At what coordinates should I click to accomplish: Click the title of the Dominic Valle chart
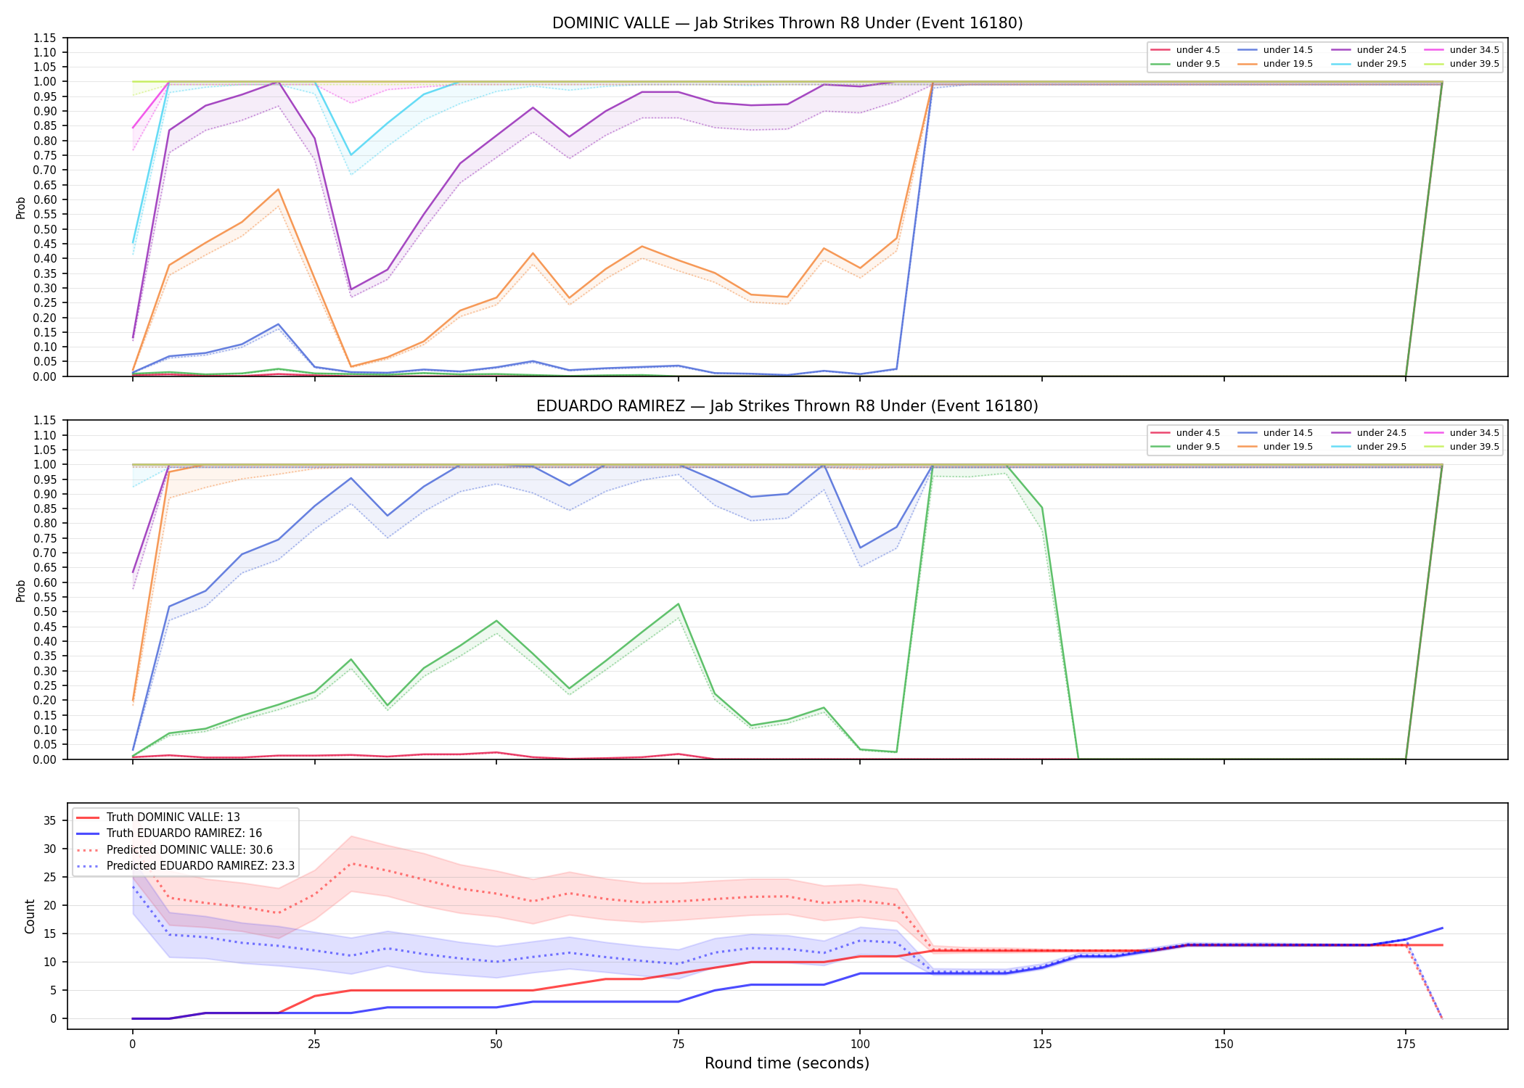click(787, 23)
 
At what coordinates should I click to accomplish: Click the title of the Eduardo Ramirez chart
click(787, 406)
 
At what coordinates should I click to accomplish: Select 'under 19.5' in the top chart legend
click(1287, 64)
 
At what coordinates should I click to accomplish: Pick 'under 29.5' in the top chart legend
click(1381, 64)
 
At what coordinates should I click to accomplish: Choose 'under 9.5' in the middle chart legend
click(1197, 447)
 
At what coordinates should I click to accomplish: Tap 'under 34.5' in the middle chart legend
click(1474, 433)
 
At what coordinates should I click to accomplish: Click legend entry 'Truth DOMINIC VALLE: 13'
click(173, 817)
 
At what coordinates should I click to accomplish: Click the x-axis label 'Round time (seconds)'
click(787, 1063)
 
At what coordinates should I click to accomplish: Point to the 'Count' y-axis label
click(30, 916)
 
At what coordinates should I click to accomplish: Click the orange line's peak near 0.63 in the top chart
click(278, 189)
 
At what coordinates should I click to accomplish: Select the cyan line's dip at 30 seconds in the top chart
click(351, 155)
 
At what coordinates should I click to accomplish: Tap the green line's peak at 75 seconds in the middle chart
click(679, 604)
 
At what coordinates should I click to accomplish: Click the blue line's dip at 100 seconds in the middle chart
click(861, 548)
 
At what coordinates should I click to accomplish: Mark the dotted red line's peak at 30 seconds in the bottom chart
click(351, 863)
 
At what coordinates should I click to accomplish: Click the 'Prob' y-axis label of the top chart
click(21, 207)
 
